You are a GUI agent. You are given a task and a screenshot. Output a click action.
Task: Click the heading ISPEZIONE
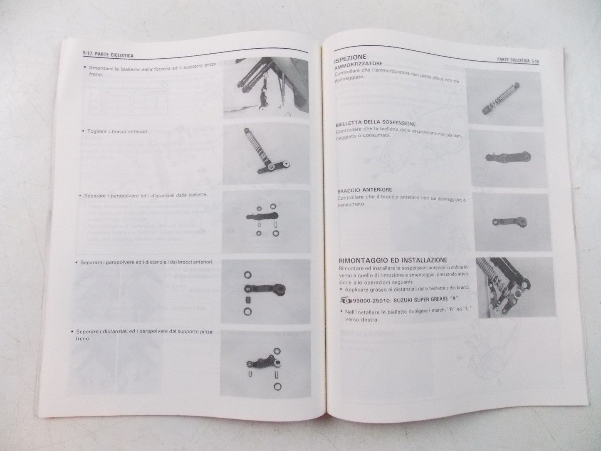(350, 57)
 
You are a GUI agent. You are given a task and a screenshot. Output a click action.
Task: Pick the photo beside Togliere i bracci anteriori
(266, 155)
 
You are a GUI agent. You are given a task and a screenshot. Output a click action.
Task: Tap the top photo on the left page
(266, 88)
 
